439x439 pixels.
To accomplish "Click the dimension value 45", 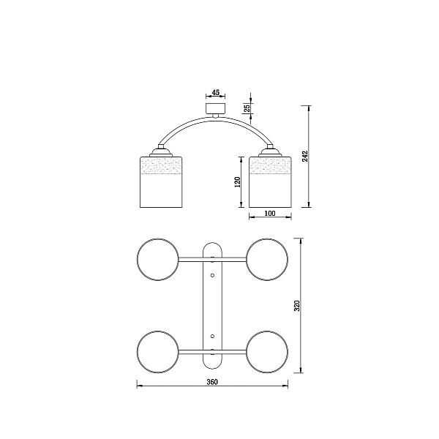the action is [216, 92].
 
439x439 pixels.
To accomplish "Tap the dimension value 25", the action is [247, 108].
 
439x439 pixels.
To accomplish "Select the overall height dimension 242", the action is [305, 157].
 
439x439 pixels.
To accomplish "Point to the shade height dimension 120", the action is [237, 182].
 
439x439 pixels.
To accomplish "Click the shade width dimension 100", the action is [270, 214].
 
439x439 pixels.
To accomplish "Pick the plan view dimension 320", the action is [297, 305].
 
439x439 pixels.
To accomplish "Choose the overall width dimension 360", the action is [212, 382].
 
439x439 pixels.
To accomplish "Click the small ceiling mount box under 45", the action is [215, 108].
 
